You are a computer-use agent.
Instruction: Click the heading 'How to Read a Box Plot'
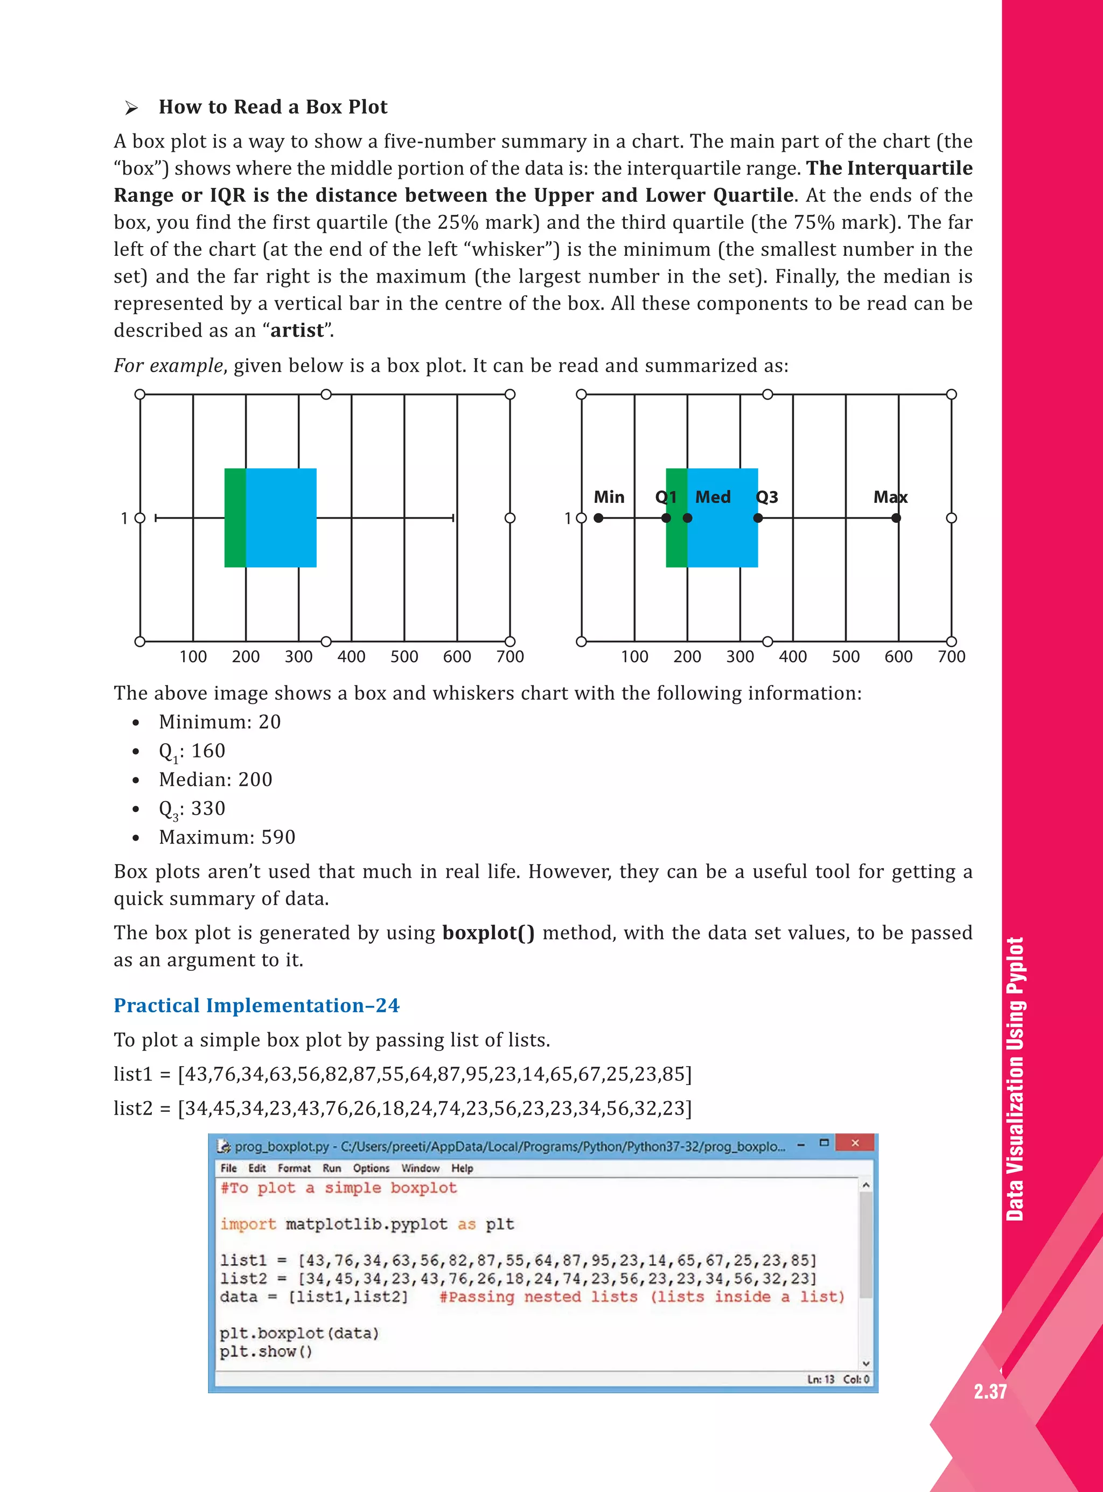pos(273,107)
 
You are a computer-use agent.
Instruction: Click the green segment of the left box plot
pos(235,517)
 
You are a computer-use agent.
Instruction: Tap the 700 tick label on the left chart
pos(509,657)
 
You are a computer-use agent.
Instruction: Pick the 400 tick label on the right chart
pos(793,657)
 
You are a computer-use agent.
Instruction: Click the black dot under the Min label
pos(598,518)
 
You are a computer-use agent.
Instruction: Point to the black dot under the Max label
pos(896,518)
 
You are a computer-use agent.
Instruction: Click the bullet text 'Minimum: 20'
pos(220,722)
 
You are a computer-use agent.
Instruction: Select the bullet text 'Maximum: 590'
pos(227,837)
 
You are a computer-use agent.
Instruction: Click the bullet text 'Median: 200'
pos(215,780)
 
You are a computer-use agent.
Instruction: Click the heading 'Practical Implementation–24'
pos(256,1005)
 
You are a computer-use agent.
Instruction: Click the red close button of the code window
pos(855,1143)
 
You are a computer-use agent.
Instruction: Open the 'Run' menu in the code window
pos(332,1168)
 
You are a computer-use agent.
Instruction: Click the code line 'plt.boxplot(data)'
pos(299,1333)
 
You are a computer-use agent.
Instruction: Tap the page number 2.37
pos(989,1391)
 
